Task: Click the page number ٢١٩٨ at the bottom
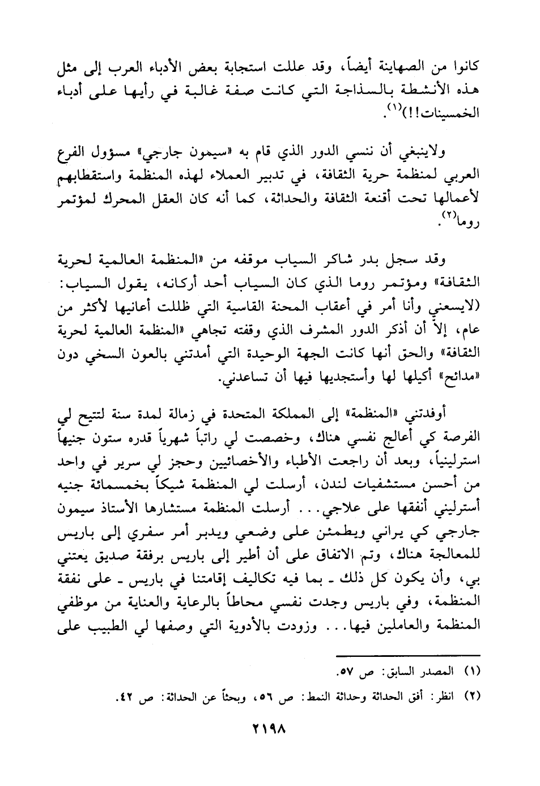[x=270, y=725]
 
